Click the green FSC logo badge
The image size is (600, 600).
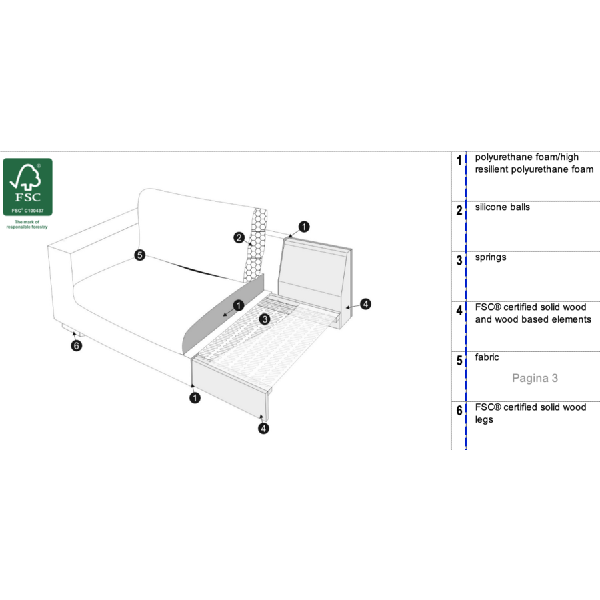27,187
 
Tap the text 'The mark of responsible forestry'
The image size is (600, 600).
27,224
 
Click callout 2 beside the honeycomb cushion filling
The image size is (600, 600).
239,237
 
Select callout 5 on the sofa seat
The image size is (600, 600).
140,255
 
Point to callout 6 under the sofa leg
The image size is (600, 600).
77,345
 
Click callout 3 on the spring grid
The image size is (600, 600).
265,319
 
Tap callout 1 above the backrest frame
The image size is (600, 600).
304,227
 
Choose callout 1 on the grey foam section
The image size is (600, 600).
239,305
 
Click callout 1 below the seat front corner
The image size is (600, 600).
195,398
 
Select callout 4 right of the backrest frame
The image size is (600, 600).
365,304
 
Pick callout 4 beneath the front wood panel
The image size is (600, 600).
263,429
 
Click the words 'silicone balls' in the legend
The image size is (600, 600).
503,207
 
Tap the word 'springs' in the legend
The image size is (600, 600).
491,257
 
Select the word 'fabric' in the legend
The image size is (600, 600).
487,357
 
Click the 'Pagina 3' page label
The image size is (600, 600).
535,378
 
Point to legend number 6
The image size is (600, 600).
459,411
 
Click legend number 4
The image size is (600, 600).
459,310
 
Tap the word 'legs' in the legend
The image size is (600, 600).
484,420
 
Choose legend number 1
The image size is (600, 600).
459,160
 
